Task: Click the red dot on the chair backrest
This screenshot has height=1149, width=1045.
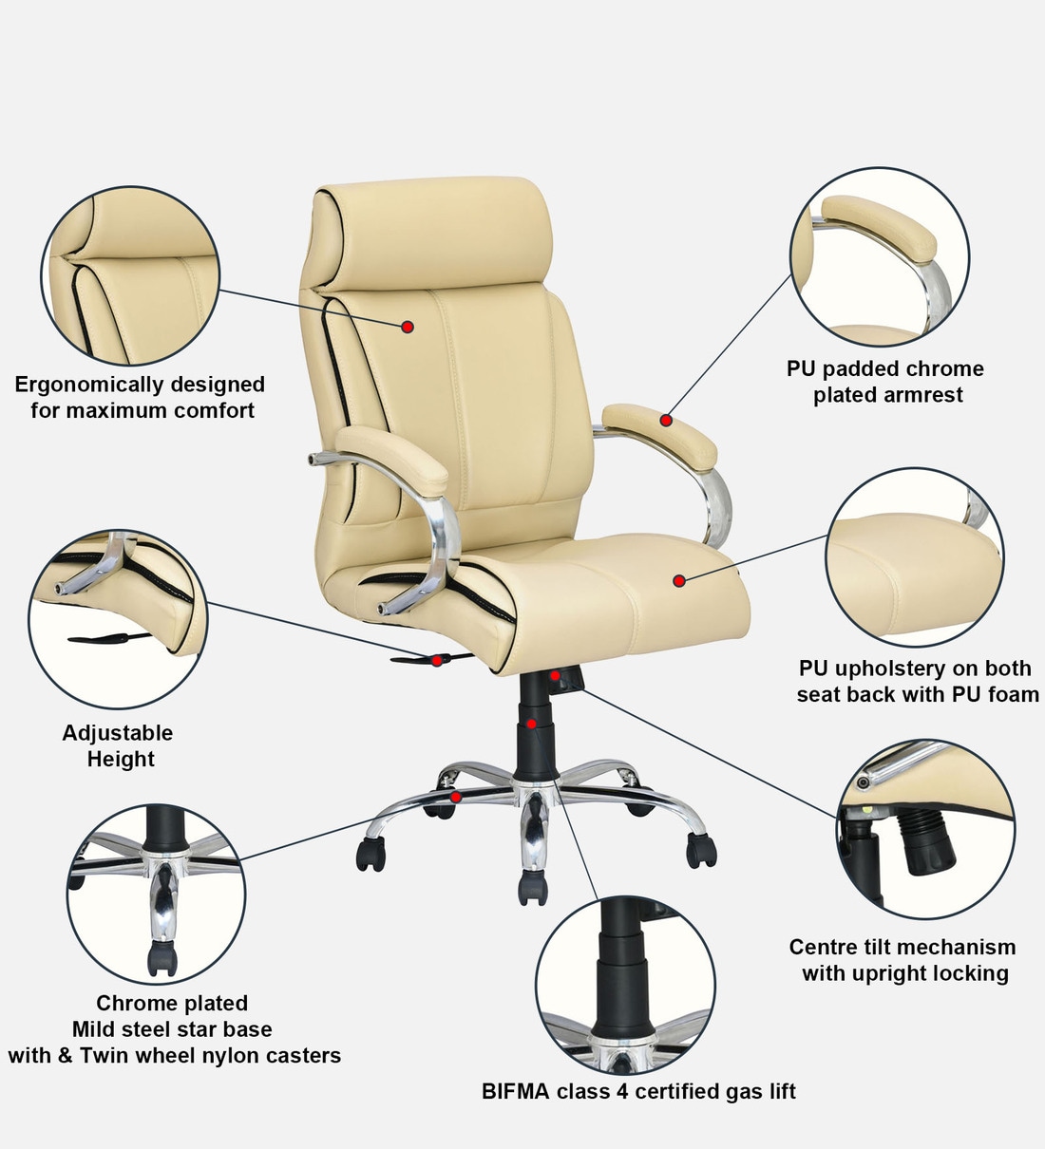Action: [408, 327]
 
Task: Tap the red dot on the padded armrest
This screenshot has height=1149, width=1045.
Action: [667, 420]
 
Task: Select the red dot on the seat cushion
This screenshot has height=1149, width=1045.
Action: [679, 580]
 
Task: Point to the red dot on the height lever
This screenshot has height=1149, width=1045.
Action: [437, 660]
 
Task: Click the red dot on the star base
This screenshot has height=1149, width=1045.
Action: [457, 798]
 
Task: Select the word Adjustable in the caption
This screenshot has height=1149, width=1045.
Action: [118, 733]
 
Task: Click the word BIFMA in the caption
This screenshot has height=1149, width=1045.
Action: [516, 1092]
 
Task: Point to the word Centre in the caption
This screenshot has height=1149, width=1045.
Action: [822, 947]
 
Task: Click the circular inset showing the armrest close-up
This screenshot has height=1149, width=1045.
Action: [880, 258]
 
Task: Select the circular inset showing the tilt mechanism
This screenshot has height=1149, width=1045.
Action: [925, 830]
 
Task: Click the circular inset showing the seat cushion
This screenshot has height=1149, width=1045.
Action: [914, 557]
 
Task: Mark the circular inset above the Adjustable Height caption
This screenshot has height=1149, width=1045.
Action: [119, 619]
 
